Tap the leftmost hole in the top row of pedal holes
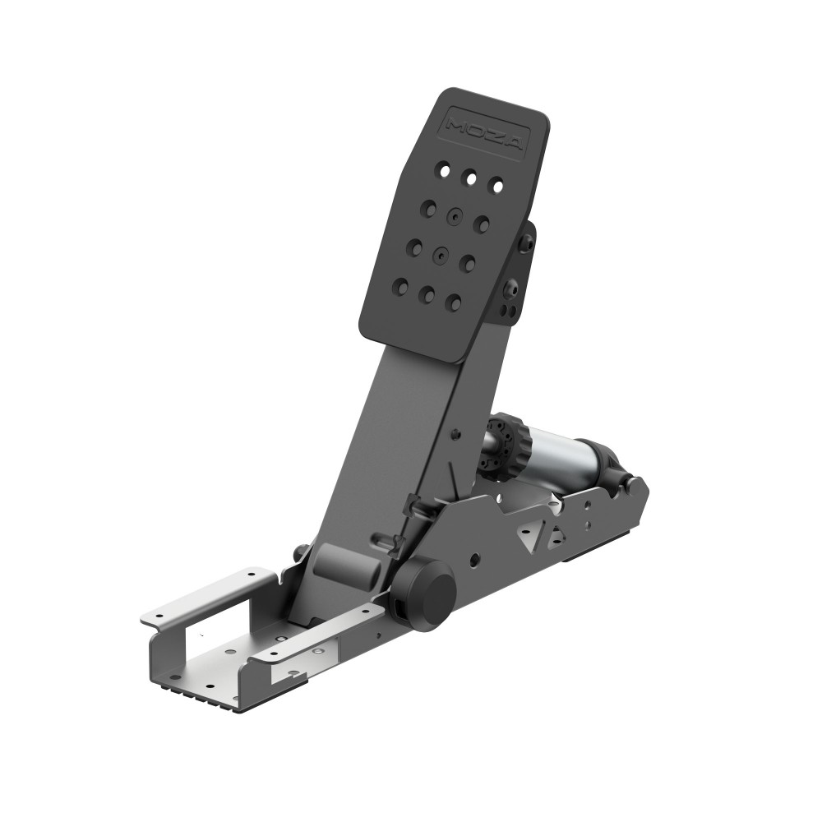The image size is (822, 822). [x=443, y=171]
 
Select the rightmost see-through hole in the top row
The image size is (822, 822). [x=496, y=186]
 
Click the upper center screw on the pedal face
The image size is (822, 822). [x=455, y=215]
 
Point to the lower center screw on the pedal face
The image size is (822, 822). [x=441, y=254]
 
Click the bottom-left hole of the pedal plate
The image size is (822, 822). [x=400, y=286]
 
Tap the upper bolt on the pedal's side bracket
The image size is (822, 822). [x=527, y=242]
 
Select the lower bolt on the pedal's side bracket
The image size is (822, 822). [x=511, y=288]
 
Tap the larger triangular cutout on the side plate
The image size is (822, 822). [x=525, y=534]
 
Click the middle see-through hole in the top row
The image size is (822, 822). [x=470, y=178]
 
